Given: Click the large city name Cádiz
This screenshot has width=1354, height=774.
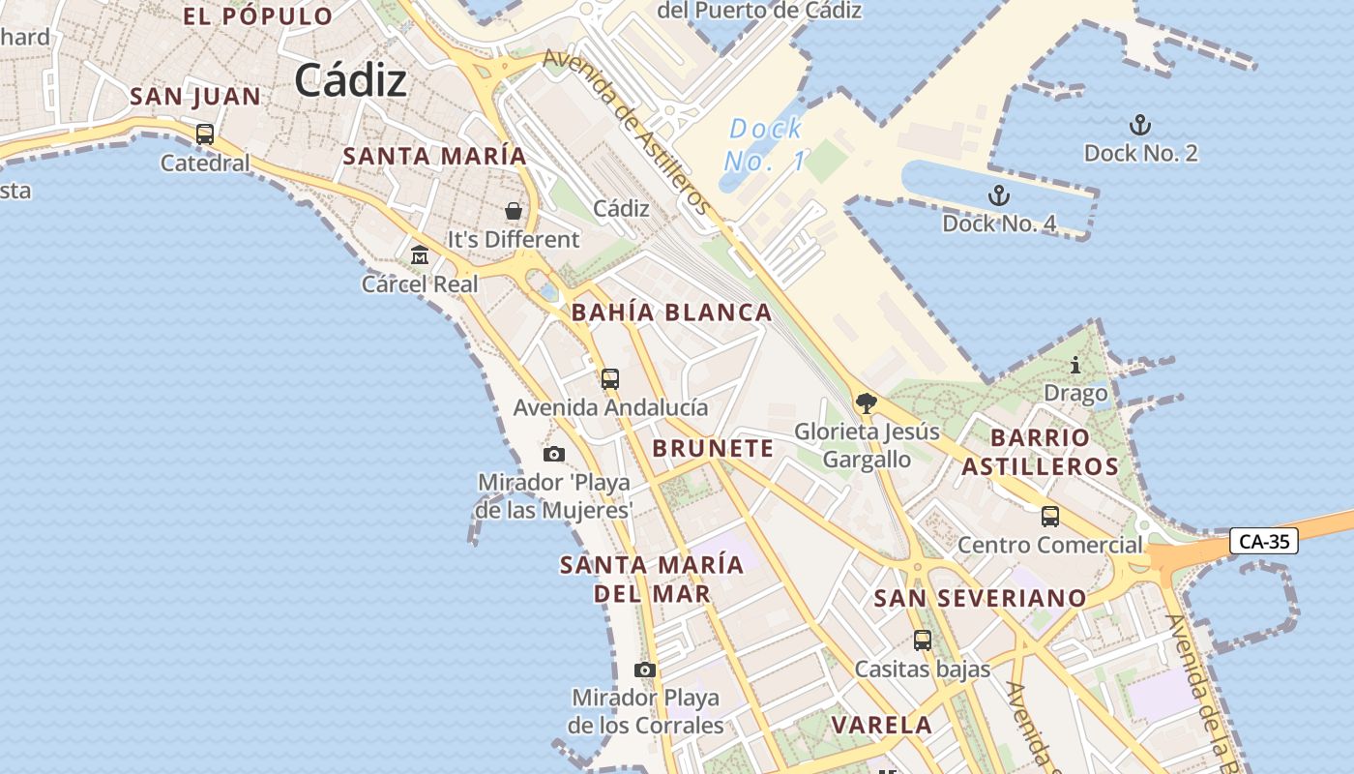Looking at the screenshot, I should tap(350, 80).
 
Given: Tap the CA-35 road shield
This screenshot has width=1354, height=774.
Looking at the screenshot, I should tap(1264, 542).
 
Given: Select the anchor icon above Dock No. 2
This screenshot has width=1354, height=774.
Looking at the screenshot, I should tap(1140, 125).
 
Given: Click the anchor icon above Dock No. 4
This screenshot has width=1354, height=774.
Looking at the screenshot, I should tap(998, 196).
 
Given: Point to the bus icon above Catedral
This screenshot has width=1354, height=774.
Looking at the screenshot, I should tap(205, 134).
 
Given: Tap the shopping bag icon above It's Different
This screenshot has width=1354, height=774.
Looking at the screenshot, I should tap(514, 211).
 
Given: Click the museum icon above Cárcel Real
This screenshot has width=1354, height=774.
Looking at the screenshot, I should tap(420, 255).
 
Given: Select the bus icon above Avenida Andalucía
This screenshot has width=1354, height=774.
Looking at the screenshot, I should tap(610, 379).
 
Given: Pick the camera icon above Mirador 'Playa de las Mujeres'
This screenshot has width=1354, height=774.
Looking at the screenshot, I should tap(554, 455).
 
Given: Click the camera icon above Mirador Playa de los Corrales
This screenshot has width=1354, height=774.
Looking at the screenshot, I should tap(645, 670).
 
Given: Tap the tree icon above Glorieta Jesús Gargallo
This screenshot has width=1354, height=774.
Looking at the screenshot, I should tap(867, 403).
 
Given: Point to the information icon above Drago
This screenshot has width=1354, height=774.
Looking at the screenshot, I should tap(1075, 366).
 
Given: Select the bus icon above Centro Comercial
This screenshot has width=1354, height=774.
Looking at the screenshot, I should tap(1050, 517).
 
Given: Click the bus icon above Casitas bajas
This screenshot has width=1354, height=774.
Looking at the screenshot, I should tap(923, 640).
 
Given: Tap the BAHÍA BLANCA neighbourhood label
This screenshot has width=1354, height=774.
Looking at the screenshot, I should tap(671, 313).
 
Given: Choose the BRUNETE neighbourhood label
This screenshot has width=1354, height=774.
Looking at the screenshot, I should tap(713, 448).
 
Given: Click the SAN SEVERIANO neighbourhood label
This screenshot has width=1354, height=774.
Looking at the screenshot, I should tap(980, 598).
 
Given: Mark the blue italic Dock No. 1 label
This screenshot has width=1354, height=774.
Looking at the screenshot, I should tap(765, 144).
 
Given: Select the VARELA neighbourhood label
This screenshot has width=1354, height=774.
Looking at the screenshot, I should tap(882, 725).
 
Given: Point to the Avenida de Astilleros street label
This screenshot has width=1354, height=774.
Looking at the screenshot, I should tap(627, 132).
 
